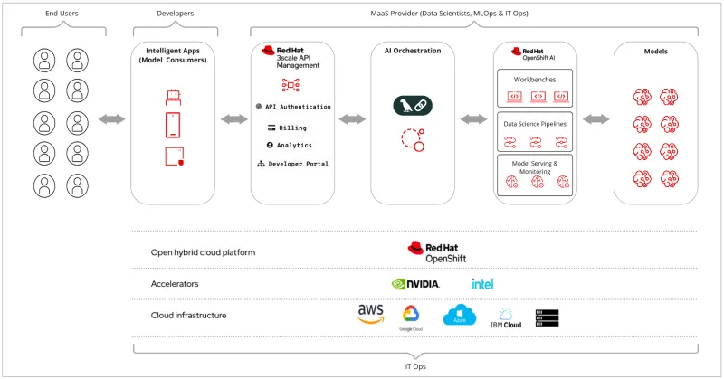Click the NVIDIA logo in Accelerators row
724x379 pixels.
pos(415,284)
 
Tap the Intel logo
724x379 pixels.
pos(482,284)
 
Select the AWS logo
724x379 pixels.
pos(371,315)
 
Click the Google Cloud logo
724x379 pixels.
pos(411,317)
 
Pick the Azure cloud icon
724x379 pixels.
pos(459,316)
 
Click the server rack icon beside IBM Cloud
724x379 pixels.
pos(547,317)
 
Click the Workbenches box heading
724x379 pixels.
pos(535,79)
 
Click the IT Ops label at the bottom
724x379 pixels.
pos(414,366)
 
